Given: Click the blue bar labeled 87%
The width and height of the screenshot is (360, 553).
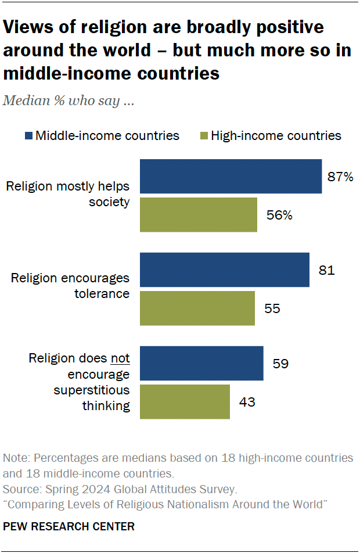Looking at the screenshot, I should pos(231,176).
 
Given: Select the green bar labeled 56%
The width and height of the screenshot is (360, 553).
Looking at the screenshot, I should pos(199,215).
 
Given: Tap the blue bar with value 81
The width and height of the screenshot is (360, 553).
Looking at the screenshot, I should pos(224,270).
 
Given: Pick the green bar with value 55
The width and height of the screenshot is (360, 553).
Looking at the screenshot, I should pos(197,308).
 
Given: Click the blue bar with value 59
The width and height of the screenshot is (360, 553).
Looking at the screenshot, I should pos(201,364).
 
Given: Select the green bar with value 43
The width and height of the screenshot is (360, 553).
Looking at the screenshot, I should pos(185,401).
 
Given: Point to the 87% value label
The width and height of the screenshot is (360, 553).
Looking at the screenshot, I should pos(340,177).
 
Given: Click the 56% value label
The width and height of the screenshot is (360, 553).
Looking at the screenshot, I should pos(279,216).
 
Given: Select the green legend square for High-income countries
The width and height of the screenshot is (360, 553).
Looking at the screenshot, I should pos(203,136).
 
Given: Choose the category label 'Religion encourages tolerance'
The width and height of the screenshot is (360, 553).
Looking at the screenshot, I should pos(70,286).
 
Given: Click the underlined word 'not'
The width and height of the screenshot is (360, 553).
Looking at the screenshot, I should pos(120,359).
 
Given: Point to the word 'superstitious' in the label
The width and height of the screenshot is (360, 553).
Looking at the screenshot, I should pos(92,390).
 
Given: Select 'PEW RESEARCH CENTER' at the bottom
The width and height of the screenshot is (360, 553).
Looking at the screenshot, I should pos(69,527).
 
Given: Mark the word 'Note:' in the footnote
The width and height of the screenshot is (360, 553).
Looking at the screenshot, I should pos(17,458).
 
